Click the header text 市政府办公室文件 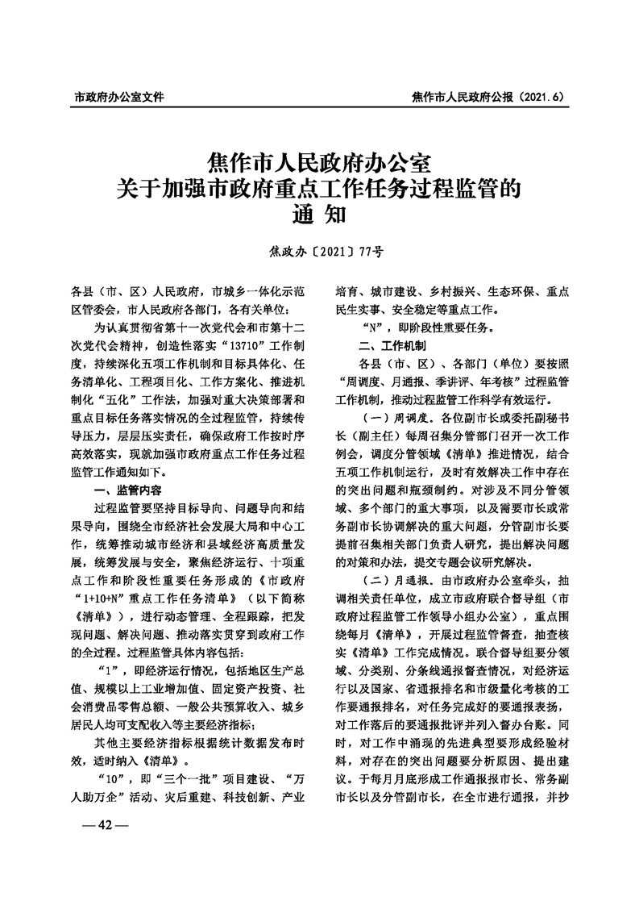coord(118,98)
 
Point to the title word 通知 coord(319,215)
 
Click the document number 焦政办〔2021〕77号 coord(319,252)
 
